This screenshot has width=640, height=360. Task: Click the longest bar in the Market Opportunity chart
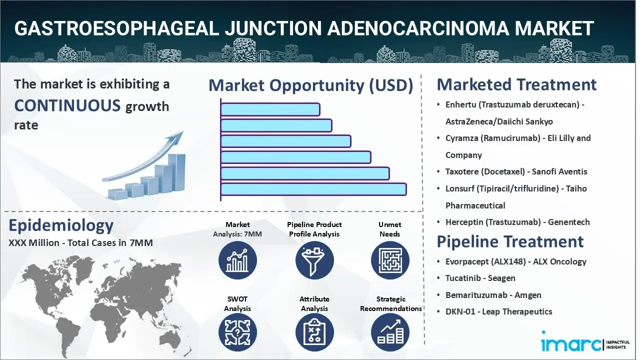click(x=313, y=189)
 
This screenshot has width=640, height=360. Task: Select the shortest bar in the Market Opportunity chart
click(x=270, y=109)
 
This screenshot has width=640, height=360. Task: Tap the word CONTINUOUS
click(x=67, y=105)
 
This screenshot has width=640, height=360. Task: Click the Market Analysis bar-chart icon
click(x=237, y=260)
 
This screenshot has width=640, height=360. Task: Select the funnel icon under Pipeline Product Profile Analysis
click(x=314, y=260)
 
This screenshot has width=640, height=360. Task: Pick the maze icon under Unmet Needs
click(x=390, y=260)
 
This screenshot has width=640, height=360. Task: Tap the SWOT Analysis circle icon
click(x=237, y=332)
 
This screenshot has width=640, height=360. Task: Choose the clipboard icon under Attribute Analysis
click(x=314, y=332)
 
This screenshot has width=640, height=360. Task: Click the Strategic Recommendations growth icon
click(x=390, y=332)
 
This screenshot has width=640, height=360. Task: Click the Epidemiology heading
click(x=61, y=225)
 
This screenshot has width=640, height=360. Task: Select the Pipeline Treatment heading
click(x=510, y=241)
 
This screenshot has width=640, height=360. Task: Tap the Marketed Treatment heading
click(x=516, y=84)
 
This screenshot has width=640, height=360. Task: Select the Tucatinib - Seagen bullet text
click(x=480, y=278)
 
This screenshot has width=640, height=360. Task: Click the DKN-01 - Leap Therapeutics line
click(x=498, y=311)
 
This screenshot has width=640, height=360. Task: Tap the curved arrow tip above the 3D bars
click(x=182, y=132)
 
